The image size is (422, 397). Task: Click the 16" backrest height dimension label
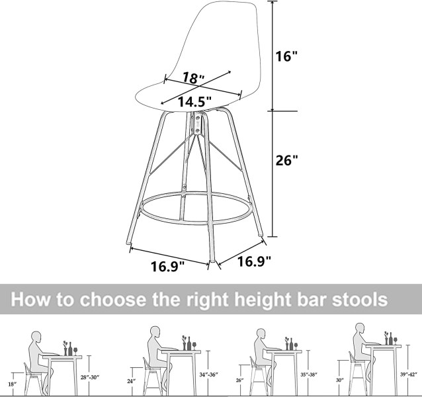286,56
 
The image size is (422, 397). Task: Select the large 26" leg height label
287,160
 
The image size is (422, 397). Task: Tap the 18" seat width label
194,78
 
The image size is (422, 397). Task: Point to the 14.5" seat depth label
194,101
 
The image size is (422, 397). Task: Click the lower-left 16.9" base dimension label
167,267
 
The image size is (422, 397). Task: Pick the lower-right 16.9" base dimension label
254,261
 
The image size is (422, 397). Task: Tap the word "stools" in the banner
360,299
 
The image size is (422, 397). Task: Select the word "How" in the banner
30,299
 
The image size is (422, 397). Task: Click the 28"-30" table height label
90,377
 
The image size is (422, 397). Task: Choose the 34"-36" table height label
208,375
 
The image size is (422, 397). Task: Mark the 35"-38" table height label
309,375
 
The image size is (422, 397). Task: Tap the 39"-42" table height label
409,374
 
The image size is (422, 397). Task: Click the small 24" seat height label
132,381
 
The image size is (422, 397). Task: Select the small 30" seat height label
340,380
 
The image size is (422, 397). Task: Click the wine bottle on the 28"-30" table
70,349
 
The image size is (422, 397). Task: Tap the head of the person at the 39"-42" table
360,328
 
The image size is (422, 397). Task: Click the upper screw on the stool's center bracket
198,118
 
